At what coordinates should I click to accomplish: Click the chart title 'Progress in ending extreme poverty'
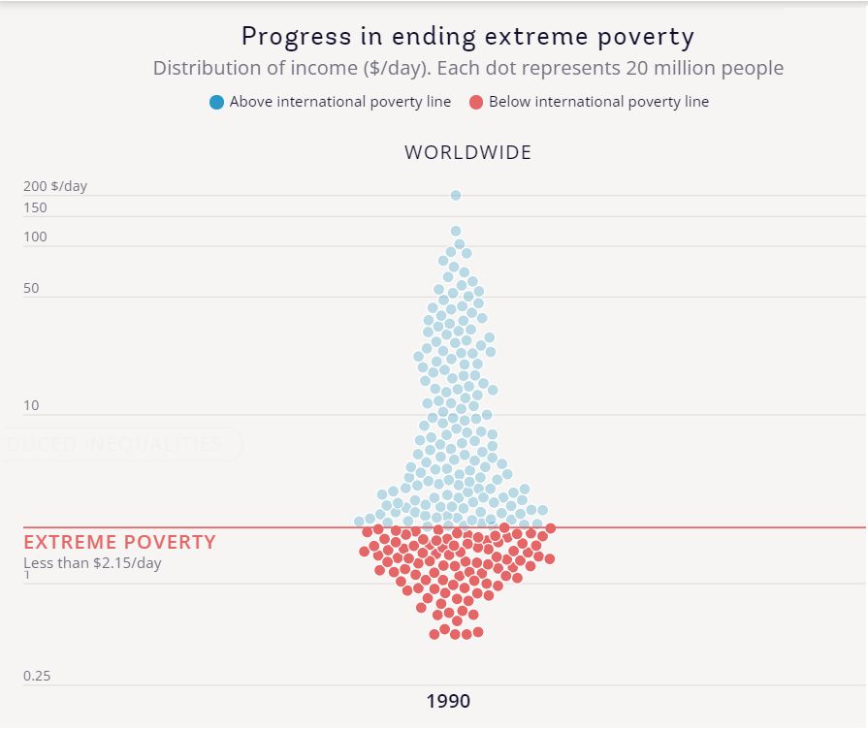pos(467,37)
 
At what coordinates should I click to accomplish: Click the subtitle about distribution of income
pos(467,69)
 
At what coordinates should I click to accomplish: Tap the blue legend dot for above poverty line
pos(216,102)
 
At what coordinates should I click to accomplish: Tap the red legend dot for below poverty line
pos(476,102)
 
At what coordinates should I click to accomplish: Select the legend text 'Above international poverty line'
pos(339,102)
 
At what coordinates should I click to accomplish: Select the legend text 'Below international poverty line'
pos(598,102)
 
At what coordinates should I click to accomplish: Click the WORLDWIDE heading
pos(467,152)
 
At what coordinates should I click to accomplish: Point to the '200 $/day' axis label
pos(55,186)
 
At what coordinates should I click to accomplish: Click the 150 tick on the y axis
pos(35,207)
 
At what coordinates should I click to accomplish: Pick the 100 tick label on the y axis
pos(35,238)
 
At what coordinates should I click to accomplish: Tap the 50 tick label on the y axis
pos(31,289)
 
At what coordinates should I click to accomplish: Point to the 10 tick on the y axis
pos(31,405)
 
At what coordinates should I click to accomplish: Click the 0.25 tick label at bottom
pos(37,676)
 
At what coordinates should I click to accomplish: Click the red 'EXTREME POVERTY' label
pos(119,542)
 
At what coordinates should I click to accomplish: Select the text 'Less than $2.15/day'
pos(92,562)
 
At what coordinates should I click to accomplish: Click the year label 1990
pos(448,701)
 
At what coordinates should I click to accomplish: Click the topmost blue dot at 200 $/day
pos(456,196)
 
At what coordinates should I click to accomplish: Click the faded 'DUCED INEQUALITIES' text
pos(114,444)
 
